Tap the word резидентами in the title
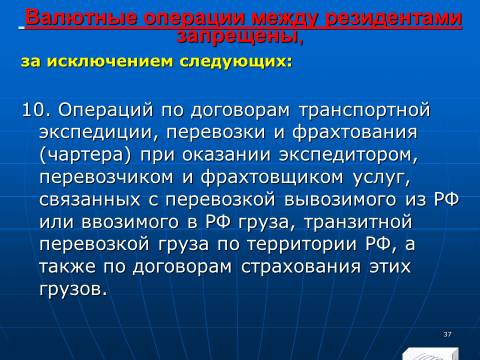[x=393, y=18]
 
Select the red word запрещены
[x=240, y=36]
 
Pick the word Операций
[x=106, y=110]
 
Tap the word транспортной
[x=365, y=111]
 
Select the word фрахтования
[x=355, y=132]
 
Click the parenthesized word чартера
[x=85, y=155]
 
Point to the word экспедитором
[x=348, y=155]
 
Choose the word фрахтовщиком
[x=272, y=177]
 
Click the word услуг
[x=381, y=178]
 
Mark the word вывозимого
[x=340, y=200]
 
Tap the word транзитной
[x=358, y=222]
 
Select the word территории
[x=302, y=244]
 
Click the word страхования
[x=301, y=267]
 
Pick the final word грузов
[x=73, y=289]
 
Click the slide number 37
[x=447, y=334]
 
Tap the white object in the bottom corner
[x=430, y=354]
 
